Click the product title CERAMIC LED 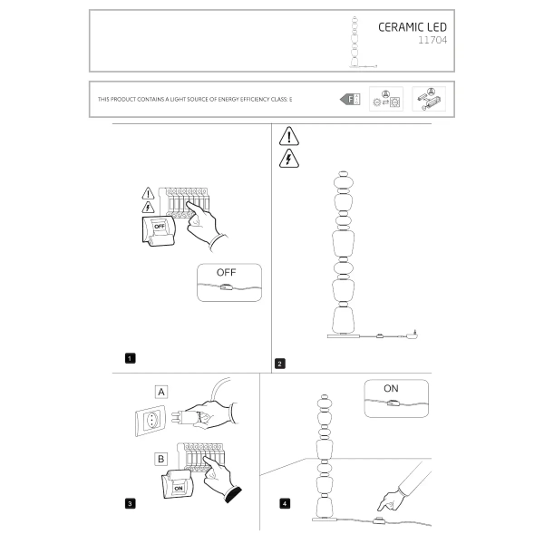(412, 27)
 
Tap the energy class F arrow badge (349, 98)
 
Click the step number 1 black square (131, 358)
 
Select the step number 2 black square (279, 364)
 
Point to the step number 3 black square (131, 501)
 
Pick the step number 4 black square (285, 501)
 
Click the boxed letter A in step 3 (161, 393)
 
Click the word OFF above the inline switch (226, 272)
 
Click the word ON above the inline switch (391, 388)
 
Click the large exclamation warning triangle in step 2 (288, 137)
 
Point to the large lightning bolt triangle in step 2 (288, 159)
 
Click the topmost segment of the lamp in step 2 (343, 176)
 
